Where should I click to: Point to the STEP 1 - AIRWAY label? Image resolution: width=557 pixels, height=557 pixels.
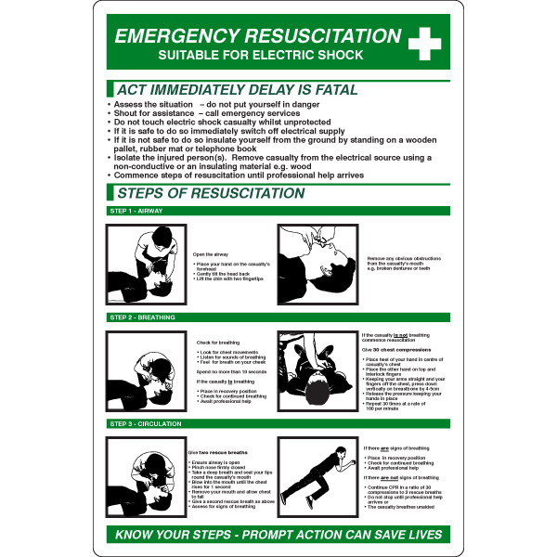136,212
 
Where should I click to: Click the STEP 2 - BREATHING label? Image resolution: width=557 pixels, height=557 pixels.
141,317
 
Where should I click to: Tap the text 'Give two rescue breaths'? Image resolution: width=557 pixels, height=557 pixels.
219,451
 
